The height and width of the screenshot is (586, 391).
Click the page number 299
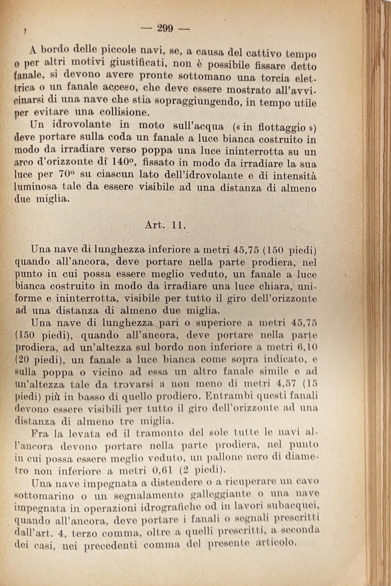point(165,28)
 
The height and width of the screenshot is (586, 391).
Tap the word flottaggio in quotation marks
point(282,127)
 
